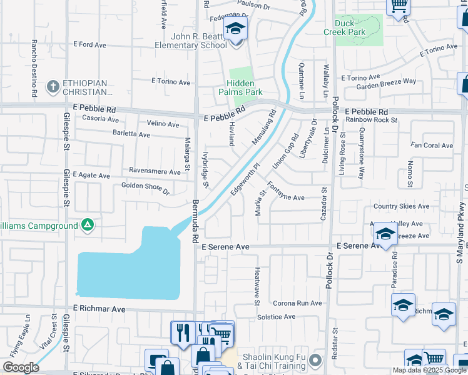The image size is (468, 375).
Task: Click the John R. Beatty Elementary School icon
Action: (236, 29)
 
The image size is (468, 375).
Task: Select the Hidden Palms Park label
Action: (240, 87)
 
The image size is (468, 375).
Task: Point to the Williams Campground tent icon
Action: (88, 224)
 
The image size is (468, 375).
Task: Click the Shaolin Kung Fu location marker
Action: (316, 360)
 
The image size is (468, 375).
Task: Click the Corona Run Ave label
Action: (297, 303)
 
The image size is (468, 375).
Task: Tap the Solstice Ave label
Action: (276, 317)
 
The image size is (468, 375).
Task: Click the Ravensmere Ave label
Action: (155, 170)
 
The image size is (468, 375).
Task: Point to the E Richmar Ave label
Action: (99, 309)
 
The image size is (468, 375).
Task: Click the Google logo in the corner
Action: (21, 367)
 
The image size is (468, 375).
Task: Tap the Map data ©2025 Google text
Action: (429, 370)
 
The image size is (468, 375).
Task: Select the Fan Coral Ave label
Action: (432, 146)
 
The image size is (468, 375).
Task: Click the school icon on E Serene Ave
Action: (385, 235)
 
